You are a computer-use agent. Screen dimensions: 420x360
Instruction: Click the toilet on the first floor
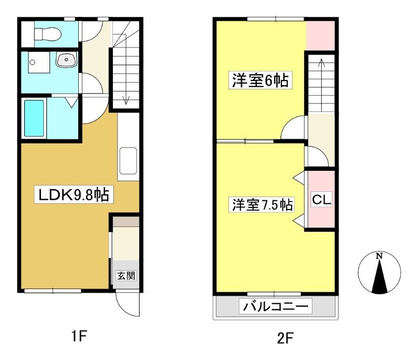click(x=48, y=34)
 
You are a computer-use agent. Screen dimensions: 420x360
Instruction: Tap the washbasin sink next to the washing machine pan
click(x=67, y=59)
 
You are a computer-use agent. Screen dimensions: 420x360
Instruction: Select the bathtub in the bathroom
click(x=34, y=118)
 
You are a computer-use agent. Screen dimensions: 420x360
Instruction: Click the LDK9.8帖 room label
click(x=74, y=194)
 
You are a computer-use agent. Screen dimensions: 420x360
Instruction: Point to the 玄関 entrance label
click(x=126, y=275)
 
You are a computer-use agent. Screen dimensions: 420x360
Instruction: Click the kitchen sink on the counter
click(x=128, y=161)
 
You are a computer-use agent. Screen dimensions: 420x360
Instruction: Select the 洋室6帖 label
click(x=260, y=80)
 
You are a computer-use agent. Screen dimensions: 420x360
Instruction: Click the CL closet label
click(x=321, y=199)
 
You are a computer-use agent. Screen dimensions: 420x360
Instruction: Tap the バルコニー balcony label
click(x=275, y=306)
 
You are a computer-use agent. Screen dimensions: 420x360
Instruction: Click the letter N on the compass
click(x=379, y=256)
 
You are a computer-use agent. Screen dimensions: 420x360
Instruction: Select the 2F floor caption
click(x=285, y=338)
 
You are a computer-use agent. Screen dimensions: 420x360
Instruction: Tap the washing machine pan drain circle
click(x=33, y=63)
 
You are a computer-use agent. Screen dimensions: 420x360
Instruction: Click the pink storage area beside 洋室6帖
click(x=320, y=36)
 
